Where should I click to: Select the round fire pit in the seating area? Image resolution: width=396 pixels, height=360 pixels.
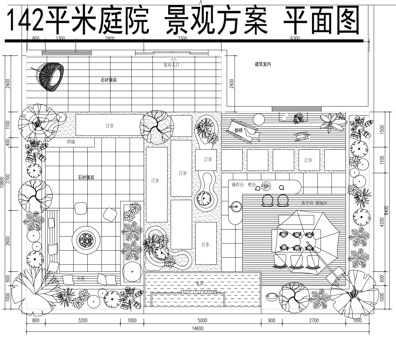pos(85,240)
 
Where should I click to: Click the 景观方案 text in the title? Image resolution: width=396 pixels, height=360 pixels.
pos(210,22)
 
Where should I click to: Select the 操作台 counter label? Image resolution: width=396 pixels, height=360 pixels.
pos(238,184)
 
